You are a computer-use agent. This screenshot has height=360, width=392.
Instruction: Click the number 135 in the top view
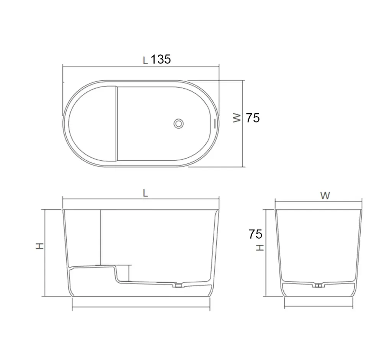click(161, 59)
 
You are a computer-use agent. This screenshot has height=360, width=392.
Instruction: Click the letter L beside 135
click(145, 60)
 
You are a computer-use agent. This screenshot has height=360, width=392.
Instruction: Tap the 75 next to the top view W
click(253, 118)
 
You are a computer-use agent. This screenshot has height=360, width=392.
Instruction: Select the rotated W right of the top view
click(237, 118)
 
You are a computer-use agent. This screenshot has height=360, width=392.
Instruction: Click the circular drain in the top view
click(178, 124)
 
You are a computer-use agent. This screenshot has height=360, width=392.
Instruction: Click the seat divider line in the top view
click(117, 123)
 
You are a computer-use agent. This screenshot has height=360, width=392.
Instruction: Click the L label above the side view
click(145, 193)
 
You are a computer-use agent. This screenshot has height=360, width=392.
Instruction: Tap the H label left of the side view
click(39, 246)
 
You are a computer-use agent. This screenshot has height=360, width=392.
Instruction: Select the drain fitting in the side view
click(178, 285)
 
